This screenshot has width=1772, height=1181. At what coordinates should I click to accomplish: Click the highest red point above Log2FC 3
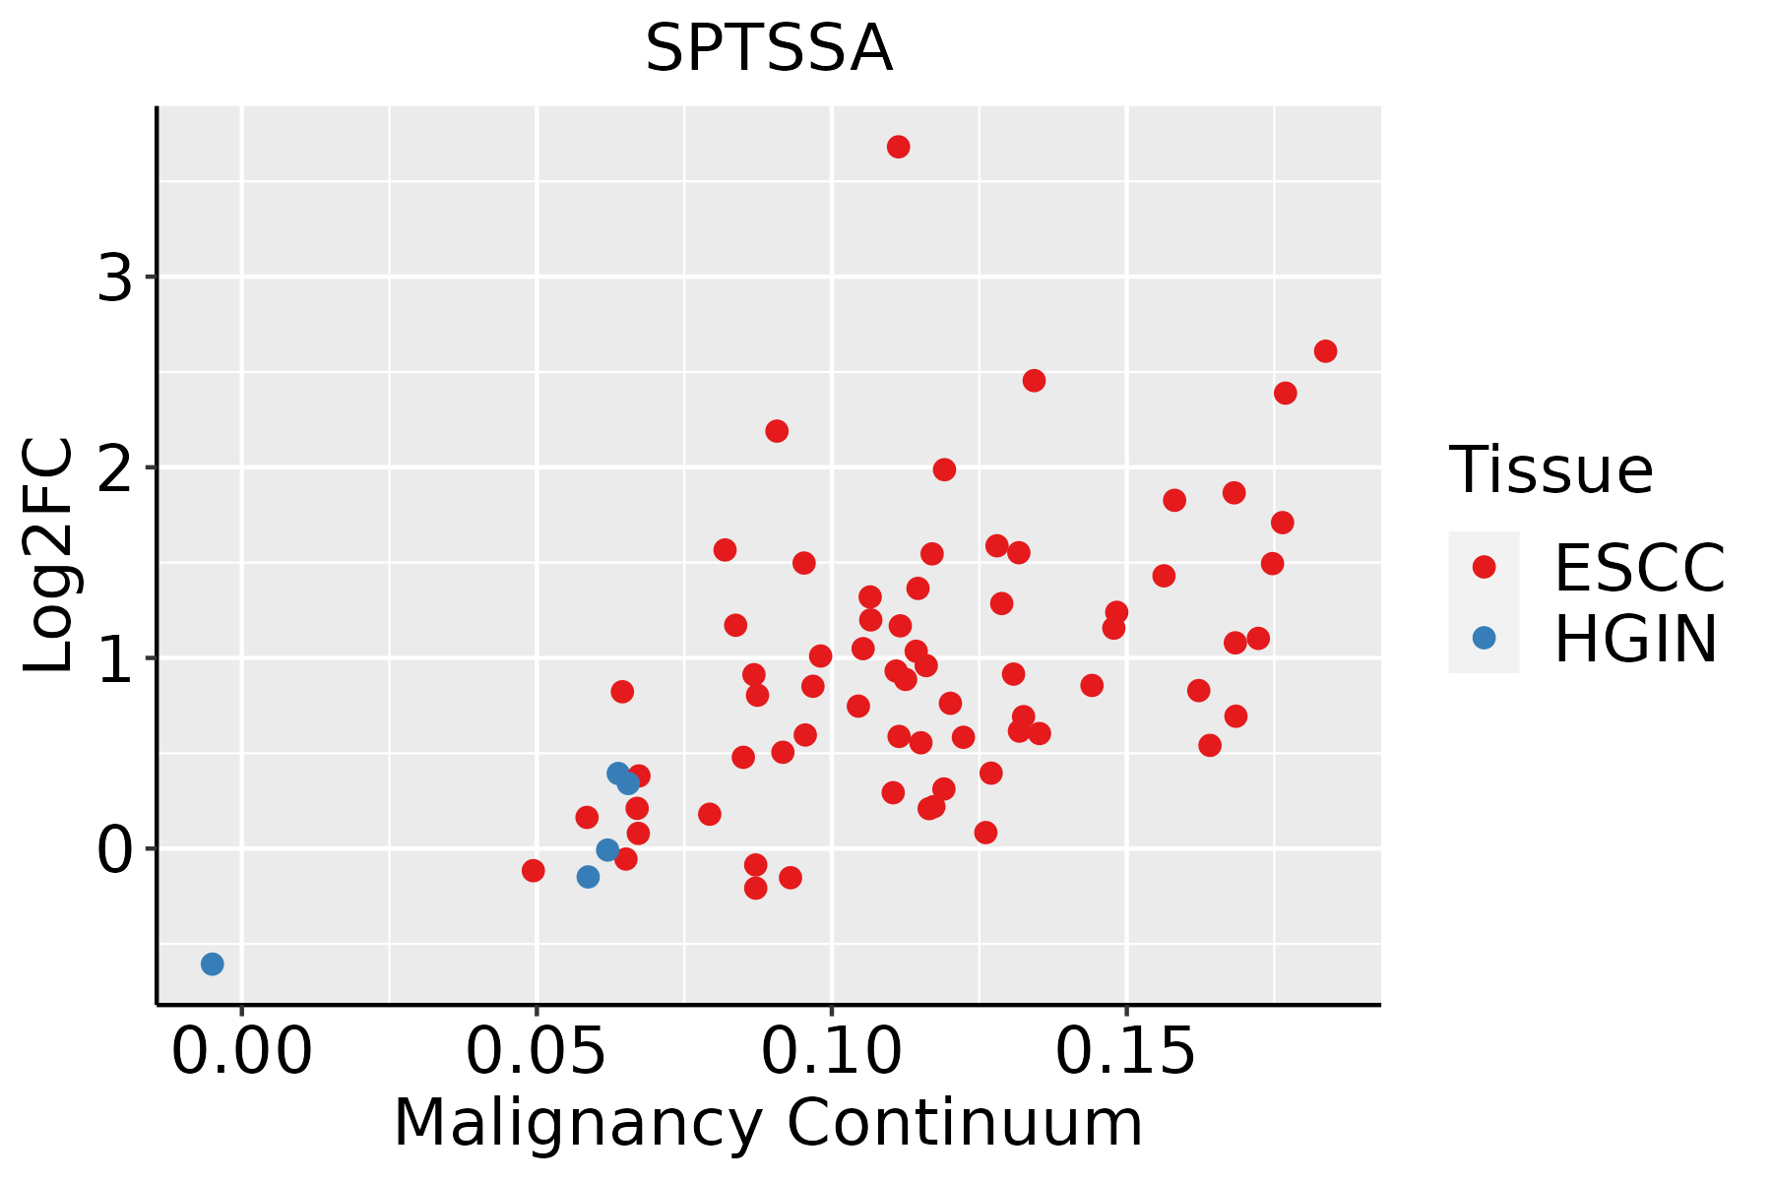click(x=898, y=147)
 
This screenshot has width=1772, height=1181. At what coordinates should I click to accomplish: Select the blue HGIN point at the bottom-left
click(x=212, y=963)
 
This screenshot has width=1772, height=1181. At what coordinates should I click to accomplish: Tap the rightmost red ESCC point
click(x=1325, y=351)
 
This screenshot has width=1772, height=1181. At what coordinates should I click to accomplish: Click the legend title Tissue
click(x=1551, y=470)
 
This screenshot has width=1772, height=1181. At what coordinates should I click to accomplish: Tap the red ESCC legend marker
click(x=1484, y=567)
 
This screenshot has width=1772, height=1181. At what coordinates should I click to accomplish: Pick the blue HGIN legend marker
click(x=1484, y=638)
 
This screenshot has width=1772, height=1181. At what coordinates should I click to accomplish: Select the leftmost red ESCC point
click(x=533, y=870)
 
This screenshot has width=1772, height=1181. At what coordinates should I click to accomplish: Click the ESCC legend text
click(x=1639, y=568)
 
